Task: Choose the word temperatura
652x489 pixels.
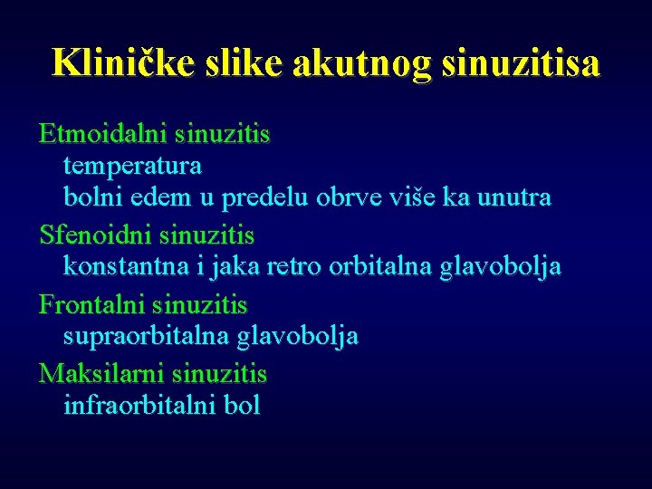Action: pyautogui.click(x=132, y=167)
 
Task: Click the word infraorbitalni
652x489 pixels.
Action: pyautogui.click(x=139, y=405)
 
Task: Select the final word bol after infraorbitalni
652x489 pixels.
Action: pyautogui.click(x=242, y=405)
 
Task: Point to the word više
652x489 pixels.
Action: pyautogui.click(x=414, y=197)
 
